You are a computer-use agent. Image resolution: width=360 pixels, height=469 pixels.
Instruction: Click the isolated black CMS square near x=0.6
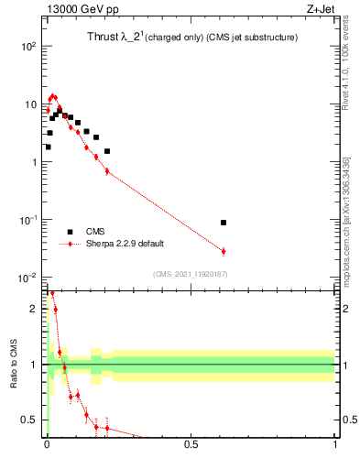(x=224, y=223)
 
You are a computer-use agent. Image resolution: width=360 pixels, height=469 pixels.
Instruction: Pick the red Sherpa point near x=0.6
(x=224, y=251)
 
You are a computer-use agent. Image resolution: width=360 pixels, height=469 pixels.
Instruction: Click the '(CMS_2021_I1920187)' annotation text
(x=190, y=274)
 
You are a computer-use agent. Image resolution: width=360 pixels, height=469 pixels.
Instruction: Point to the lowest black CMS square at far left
(x=48, y=147)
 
